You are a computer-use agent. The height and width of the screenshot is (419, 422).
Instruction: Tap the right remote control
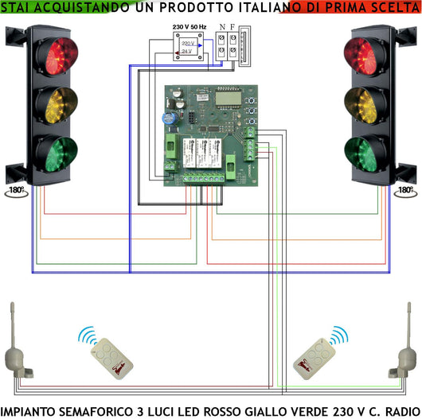coord(315,357)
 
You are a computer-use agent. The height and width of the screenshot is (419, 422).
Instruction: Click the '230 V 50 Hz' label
coord(189,28)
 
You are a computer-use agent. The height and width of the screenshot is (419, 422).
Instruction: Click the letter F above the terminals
coord(232,27)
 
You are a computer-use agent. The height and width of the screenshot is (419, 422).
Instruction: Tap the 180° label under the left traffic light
coord(15,191)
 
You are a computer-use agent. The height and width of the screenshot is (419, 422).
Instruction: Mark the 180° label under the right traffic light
coord(405,191)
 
